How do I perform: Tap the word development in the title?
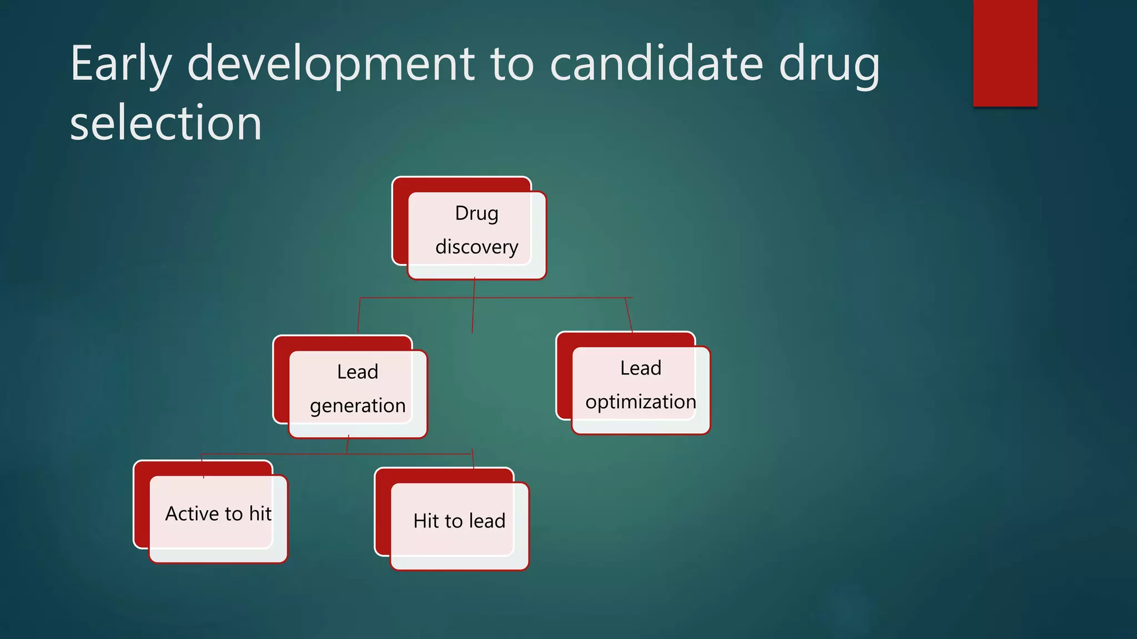click(331, 64)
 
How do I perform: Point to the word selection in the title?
click(165, 123)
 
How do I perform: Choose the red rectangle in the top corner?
click(1005, 53)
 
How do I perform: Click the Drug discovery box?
click(476, 229)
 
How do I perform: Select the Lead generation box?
click(358, 388)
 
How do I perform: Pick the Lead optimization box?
click(641, 384)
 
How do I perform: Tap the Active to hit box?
click(218, 514)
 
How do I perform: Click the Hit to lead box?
click(459, 521)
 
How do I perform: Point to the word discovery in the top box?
click(476, 247)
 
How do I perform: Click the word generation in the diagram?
click(358, 406)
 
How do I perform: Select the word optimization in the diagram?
click(641, 402)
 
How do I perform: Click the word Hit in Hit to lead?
click(426, 521)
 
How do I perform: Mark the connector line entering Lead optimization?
click(628, 315)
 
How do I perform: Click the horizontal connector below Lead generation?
click(278, 454)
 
